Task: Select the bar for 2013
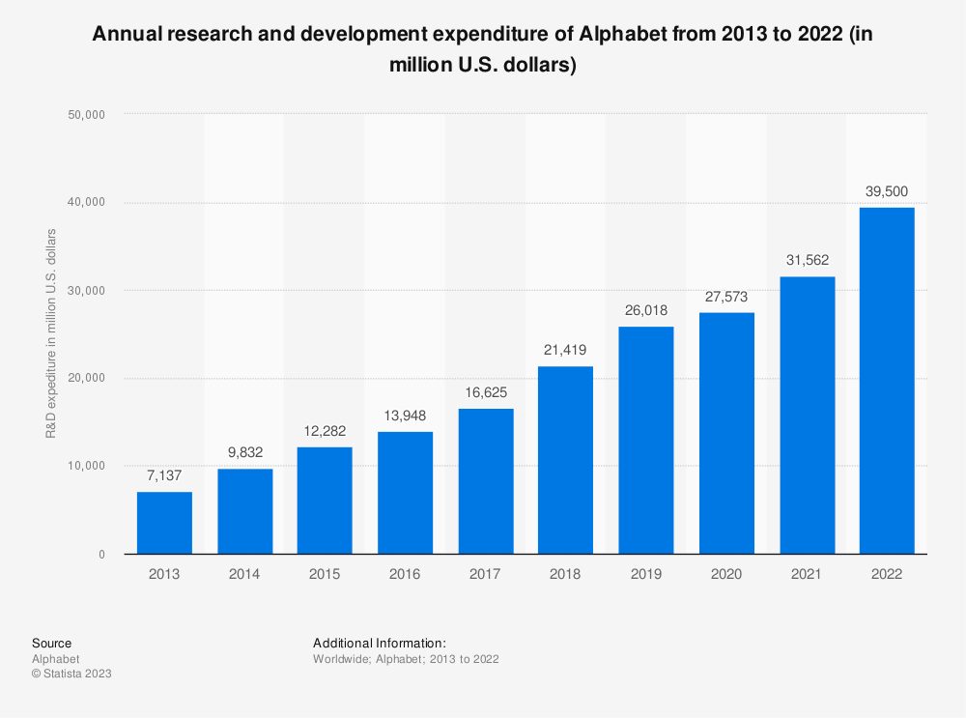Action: [164, 523]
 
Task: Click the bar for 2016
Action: [405, 493]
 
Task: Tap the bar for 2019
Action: [645, 440]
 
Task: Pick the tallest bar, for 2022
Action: [886, 381]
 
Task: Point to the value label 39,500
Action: [886, 191]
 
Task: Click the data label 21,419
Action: [565, 351]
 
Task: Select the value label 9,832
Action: [244, 452]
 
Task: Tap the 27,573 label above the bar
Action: [725, 297]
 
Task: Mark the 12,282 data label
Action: [325, 431]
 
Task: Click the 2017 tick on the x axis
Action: [485, 574]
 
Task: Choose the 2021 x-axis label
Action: [806, 574]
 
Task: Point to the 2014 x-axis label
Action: [244, 574]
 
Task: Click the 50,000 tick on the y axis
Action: [88, 114]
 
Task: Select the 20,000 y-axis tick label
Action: [88, 378]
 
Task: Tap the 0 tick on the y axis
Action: [101, 555]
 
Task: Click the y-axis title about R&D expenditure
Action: [51, 333]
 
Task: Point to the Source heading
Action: [51, 643]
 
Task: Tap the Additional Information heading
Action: [379, 643]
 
